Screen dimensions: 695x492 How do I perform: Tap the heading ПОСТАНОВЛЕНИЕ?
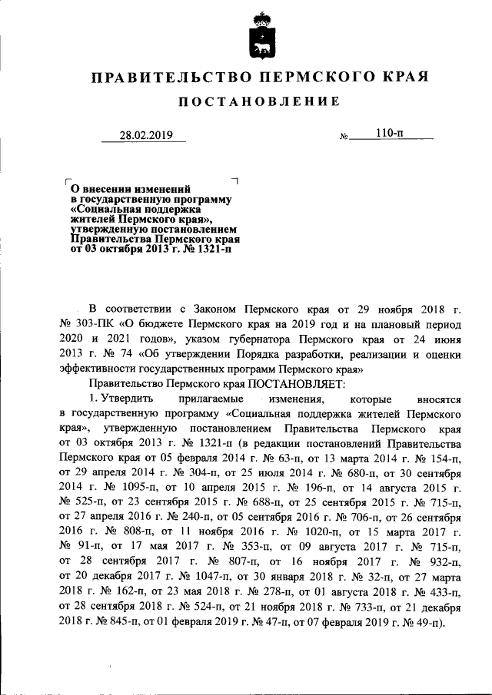[260, 102]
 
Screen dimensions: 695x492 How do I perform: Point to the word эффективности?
[98, 368]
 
